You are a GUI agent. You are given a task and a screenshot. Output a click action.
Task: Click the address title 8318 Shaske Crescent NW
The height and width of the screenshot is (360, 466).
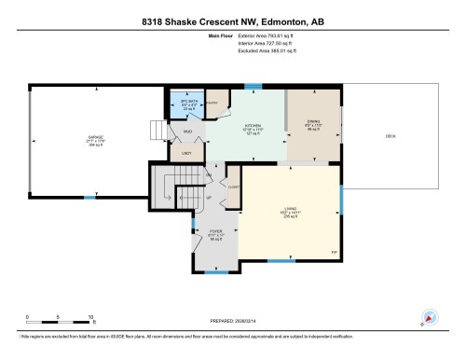[x=232, y=21]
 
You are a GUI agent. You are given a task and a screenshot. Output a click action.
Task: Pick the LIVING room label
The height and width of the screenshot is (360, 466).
[x=290, y=211]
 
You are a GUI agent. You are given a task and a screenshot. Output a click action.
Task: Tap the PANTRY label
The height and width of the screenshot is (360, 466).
[x=213, y=104]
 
